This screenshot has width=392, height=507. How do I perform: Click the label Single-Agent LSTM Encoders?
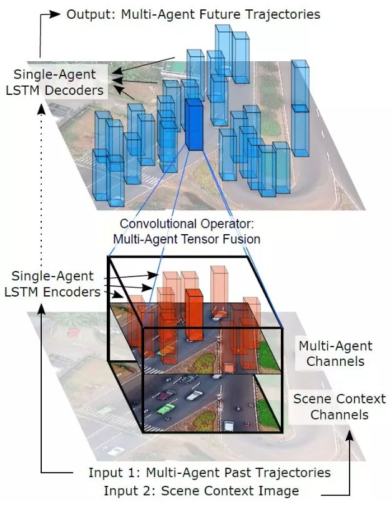pos(56,283)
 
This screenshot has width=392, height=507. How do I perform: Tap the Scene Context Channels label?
pos(340,406)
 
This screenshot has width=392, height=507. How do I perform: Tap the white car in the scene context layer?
pos(195,395)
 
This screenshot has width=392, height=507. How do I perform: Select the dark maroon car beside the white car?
pos(167,395)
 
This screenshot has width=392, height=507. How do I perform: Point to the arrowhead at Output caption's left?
pos(56,13)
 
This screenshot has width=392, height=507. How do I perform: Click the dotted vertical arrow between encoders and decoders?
pos(41,206)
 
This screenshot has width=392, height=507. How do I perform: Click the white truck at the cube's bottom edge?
pos(228,426)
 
